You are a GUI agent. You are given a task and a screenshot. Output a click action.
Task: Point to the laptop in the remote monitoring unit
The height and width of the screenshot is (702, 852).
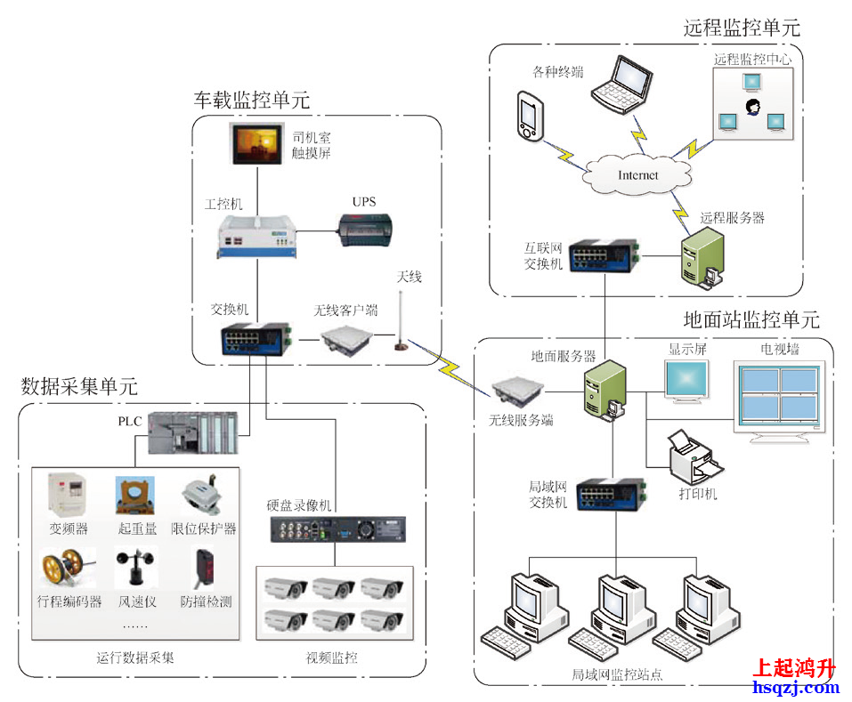(x=621, y=84)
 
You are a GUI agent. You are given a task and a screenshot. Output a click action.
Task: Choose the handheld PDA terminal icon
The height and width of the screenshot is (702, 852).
(x=529, y=117)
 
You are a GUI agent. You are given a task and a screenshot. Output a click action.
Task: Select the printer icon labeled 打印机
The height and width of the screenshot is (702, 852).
(x=693, y=456)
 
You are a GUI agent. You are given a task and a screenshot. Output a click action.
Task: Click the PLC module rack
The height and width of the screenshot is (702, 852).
(x=192, y=433)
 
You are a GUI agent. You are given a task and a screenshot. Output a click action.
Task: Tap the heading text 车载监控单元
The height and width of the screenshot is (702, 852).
(x=252, y=101)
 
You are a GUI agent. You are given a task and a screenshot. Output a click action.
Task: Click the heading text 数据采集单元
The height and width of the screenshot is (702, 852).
(x=79, y=387)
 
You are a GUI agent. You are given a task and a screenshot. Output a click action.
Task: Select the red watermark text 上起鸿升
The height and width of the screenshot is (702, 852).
(x=794, y=667)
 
